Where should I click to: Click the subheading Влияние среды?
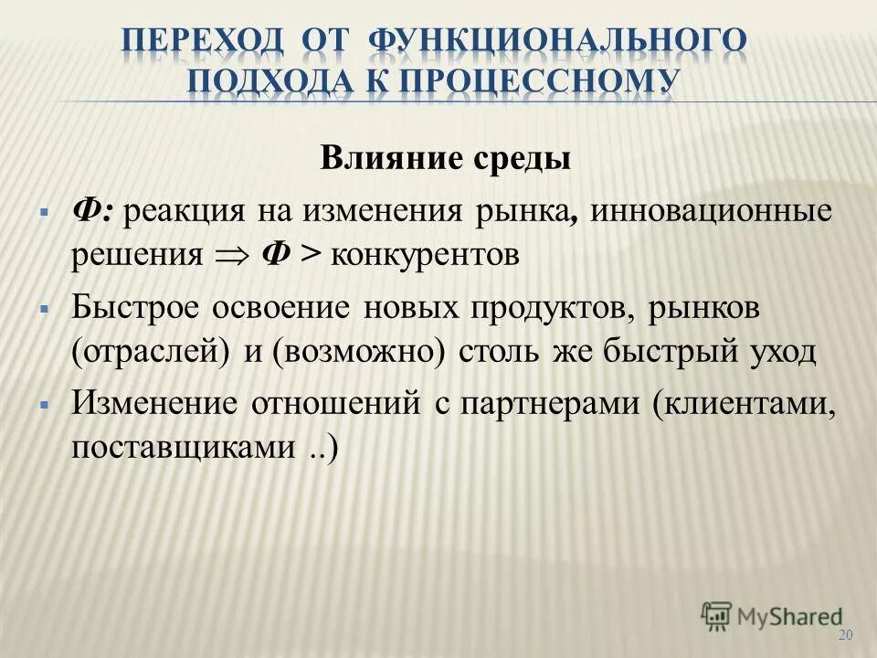(445, 157)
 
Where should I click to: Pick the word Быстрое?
(137, 308)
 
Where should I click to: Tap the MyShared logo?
(771, 615)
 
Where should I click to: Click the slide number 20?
(844, 636)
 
